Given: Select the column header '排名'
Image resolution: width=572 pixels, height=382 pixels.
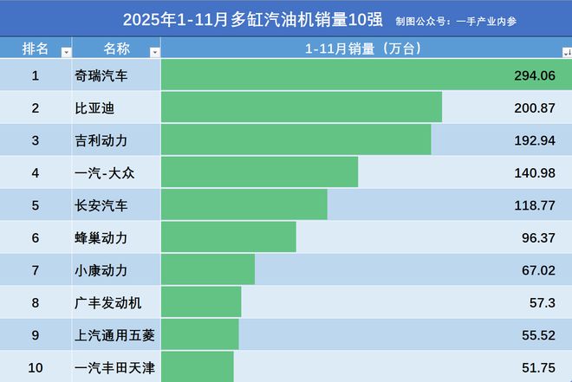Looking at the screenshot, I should tap(36, 49).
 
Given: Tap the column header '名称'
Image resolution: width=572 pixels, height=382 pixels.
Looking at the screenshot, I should tap(116, 49).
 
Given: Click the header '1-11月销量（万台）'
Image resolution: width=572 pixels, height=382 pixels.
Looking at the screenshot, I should tap(362, 49).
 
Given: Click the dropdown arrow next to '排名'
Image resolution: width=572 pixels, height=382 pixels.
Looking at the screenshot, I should tap(66, 52).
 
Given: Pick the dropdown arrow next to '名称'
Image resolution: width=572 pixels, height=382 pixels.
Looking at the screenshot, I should tap(154, 52).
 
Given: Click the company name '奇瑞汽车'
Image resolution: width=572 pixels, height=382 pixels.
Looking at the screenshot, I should tap(101, 76).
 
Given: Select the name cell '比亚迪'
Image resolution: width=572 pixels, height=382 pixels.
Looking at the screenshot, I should tap(94, 108).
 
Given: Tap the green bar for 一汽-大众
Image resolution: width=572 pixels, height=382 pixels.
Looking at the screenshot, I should tap(259, 172).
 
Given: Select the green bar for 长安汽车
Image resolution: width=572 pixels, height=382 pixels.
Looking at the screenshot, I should tap(244, 204).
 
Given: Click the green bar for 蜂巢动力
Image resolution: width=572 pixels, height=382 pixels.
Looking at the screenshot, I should tap(228, 236).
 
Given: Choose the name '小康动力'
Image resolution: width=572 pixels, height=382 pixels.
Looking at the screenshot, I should tap(101, 269).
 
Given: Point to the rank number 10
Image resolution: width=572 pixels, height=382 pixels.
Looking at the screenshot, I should tap(36, 367).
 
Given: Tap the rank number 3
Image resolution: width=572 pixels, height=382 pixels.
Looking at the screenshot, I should tap(36, 140).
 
